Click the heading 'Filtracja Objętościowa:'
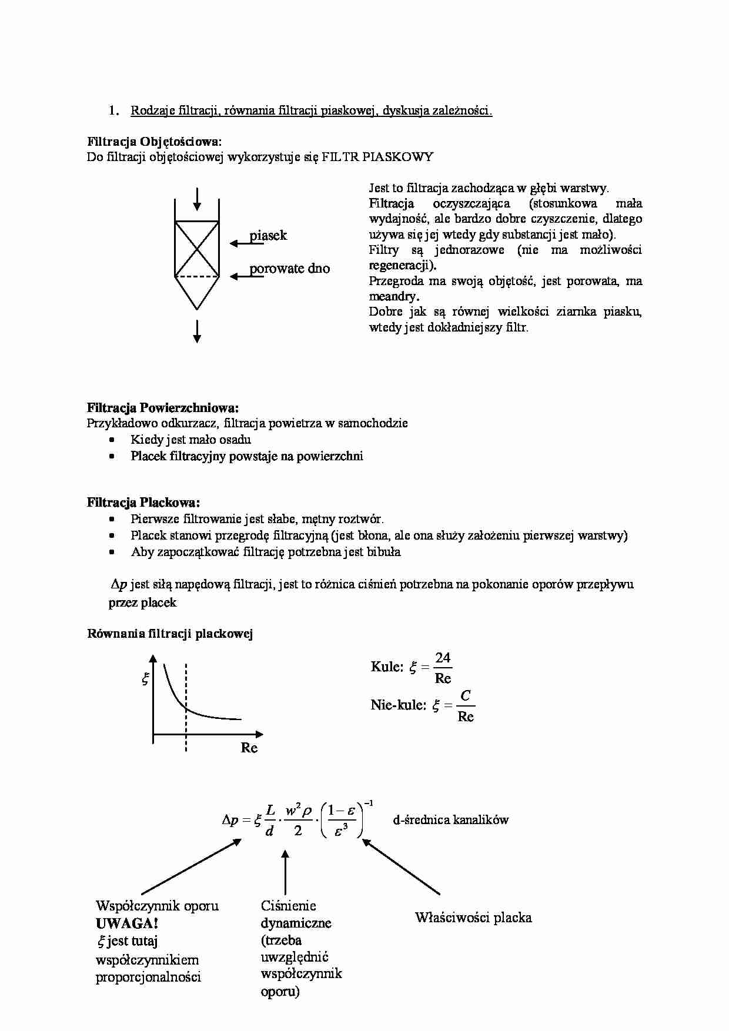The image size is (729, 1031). point(155,142)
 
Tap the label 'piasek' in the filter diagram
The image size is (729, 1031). point(268,236)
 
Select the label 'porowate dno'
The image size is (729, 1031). point(289,269)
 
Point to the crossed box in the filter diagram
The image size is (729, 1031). point(197,249)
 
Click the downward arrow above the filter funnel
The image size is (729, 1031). point(197,199)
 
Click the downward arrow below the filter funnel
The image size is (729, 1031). point(197,332)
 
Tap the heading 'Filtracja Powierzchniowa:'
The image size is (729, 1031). point(163,408)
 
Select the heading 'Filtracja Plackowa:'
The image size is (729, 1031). point(143,503)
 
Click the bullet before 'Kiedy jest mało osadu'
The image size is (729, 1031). point(112,440)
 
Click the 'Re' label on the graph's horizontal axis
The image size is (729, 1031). point(249,748)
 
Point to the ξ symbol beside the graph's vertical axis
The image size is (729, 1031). point(145,679)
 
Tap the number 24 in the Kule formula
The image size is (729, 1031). point(443,658)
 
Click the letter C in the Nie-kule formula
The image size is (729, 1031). point(465,696)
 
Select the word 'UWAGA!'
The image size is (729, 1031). point(127,923)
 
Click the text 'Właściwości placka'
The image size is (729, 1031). point(473,918)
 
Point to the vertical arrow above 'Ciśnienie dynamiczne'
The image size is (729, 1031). point(285,872)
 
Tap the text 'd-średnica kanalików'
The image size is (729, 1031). point(450,820)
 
